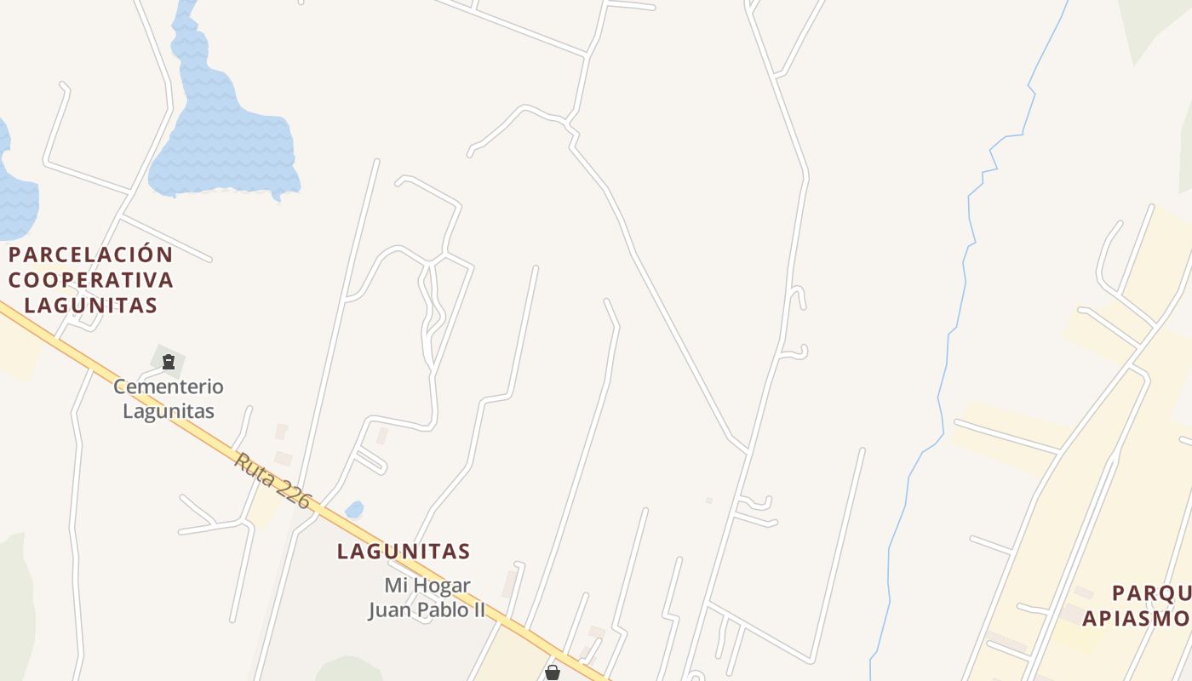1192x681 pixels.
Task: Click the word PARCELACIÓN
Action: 91,255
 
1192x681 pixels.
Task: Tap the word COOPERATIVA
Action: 91,279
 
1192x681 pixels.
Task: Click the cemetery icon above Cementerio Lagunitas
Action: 168,362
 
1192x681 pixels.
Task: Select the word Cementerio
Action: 169,386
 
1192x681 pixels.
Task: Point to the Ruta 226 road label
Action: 273,481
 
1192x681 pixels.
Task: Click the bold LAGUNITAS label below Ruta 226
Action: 404,552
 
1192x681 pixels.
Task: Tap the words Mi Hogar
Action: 427,586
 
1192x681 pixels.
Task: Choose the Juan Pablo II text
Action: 427,609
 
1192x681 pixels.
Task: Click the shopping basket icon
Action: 553,672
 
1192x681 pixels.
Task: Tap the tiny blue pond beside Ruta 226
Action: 354,509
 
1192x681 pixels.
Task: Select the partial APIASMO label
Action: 1136,618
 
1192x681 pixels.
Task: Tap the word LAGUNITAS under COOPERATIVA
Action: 91,304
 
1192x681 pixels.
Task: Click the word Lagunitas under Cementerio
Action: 169,410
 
